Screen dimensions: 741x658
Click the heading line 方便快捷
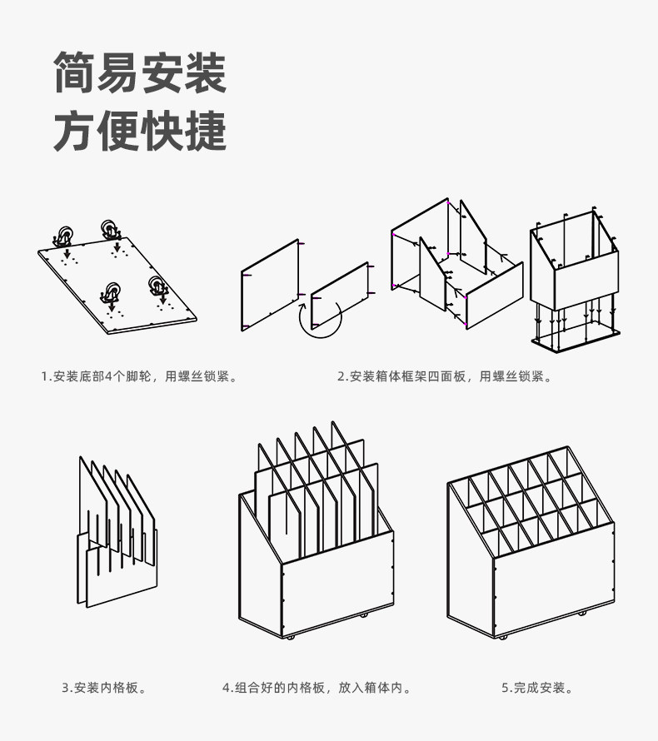pyautogui.click(x=140, y=131)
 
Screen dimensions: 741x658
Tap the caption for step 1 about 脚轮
pyautogui.click(x=139, y=376)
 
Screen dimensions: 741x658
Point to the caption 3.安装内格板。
pyautogui.click(x=106, y=688)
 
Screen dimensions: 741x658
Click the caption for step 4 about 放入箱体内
pyautogui.click(x=317, y=688)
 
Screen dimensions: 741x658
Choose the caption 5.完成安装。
pyautogui.click(x=537, y=688)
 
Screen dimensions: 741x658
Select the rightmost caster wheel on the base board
pyautogui.click(x=156, y=286)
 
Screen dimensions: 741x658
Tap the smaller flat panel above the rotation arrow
pyautogui.click(x=340, y=291)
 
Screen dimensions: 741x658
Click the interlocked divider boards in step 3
pyautogui.click(x=117, y=533)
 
